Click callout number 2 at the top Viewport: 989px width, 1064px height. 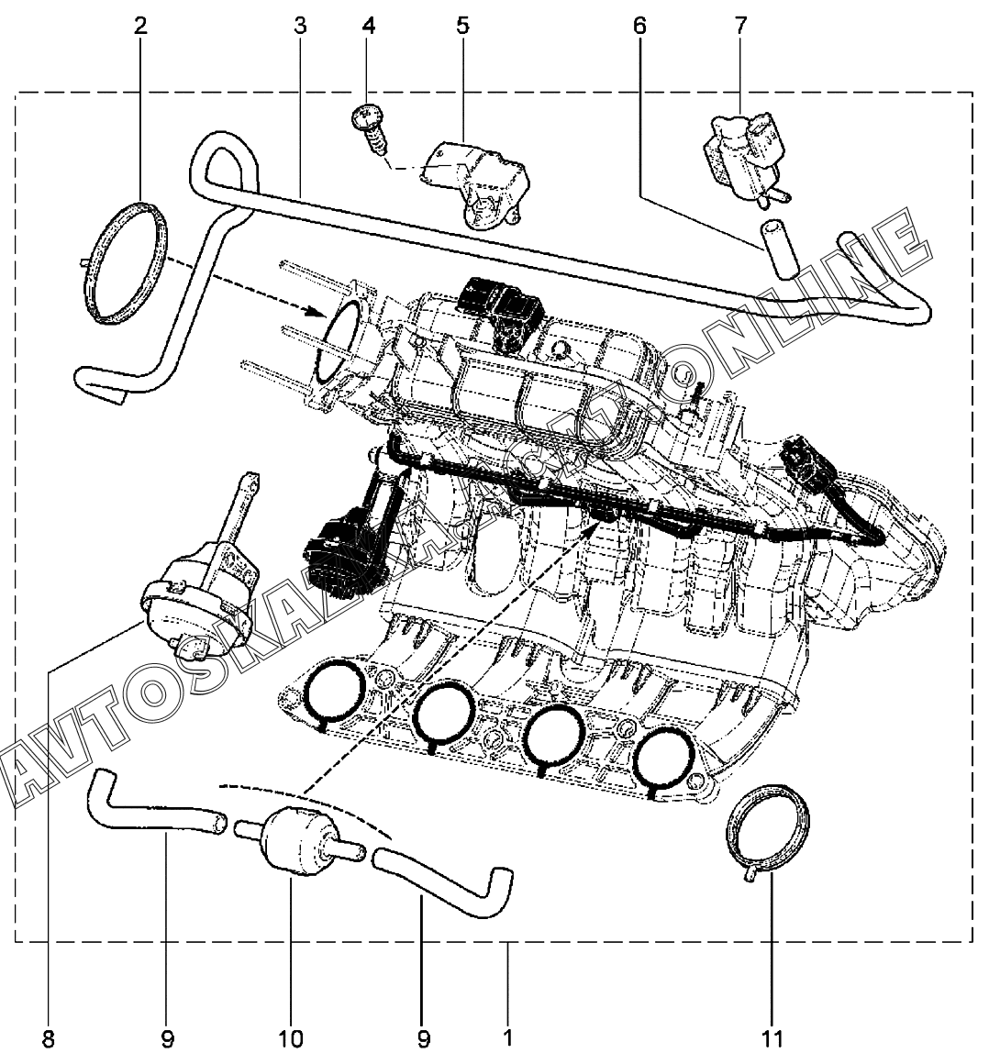point(140,26)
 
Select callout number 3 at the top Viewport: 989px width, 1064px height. point(300,26)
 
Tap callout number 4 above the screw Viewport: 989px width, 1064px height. point(369,26)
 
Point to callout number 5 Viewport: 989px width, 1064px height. point(462,26)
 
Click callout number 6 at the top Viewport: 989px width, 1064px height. point(639,26)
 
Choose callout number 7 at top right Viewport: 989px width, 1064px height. point(740,26)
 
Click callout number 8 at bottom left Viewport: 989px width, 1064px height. point(48,1039)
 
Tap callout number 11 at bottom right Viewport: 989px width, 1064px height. point(772,1039)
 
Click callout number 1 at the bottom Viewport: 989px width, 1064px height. point(507,1039)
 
